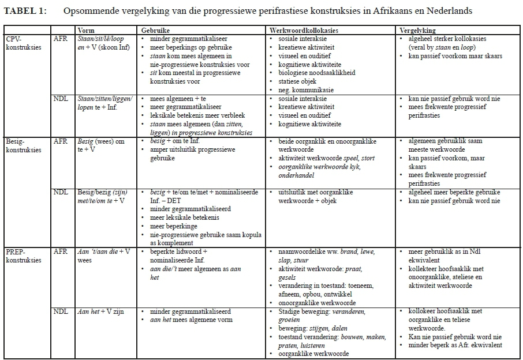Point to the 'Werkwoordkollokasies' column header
(x=303, y=30)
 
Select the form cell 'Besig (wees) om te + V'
(x=102, y=145)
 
